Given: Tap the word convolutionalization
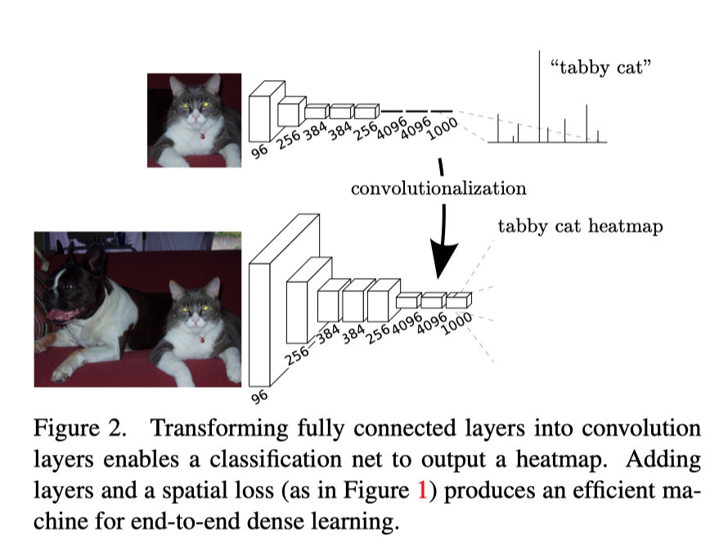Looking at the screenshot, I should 438,189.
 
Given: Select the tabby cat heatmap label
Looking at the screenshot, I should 580,227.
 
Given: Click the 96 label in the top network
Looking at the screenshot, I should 259,151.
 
